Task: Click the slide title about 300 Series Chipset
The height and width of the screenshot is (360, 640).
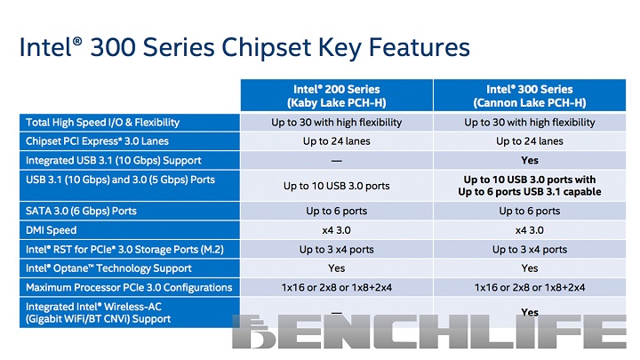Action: click(x=244, y=45)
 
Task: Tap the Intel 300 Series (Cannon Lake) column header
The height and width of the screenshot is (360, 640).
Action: click(x=529, y=95)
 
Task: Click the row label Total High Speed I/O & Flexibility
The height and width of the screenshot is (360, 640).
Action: click(x=103, y=122)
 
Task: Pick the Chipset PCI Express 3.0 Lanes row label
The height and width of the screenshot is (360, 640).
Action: click(x=97, y=140)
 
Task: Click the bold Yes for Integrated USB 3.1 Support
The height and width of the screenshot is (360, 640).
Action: click(x=530, y=161)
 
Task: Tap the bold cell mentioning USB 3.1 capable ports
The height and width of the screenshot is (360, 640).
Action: click(x=529, y=186)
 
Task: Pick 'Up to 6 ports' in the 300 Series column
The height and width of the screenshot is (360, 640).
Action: click(x=529, y=211)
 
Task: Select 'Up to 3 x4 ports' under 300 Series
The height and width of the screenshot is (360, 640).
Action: click(x=529, y=250)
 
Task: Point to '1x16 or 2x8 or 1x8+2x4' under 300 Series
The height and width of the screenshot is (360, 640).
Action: click(x=529, y=288)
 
